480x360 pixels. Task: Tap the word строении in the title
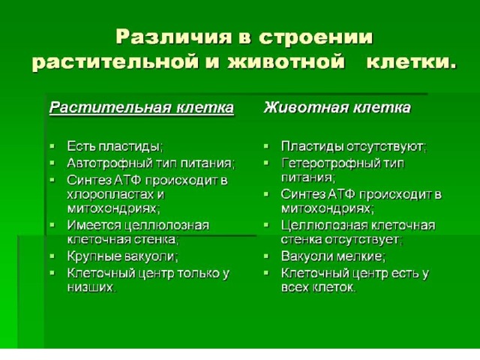point(316,37)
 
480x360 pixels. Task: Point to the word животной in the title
point(286,61)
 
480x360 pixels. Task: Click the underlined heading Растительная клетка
point(142,107)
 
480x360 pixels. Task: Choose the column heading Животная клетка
point(337,107)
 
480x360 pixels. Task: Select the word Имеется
point(94,226)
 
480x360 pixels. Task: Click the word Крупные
point(93,256)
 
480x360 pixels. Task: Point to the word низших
point(91,287)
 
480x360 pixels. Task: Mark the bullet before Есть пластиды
point(52,145)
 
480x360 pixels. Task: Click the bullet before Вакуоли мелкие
point(266,255)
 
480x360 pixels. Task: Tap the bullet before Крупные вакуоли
point(52,255)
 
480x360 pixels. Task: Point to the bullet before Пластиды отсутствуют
point(266,145)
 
